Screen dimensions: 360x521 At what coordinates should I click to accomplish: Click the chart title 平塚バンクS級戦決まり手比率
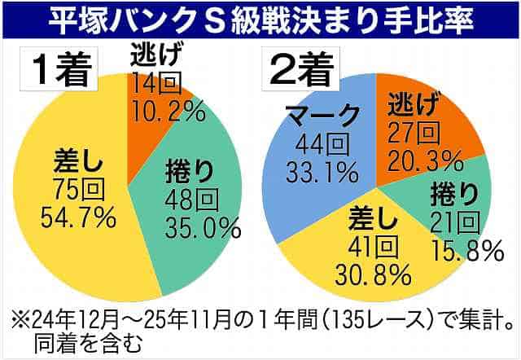pos(260,19)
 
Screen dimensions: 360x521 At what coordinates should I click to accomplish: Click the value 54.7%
pos(77,217)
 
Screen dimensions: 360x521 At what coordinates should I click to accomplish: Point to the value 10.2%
pos(167,112)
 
